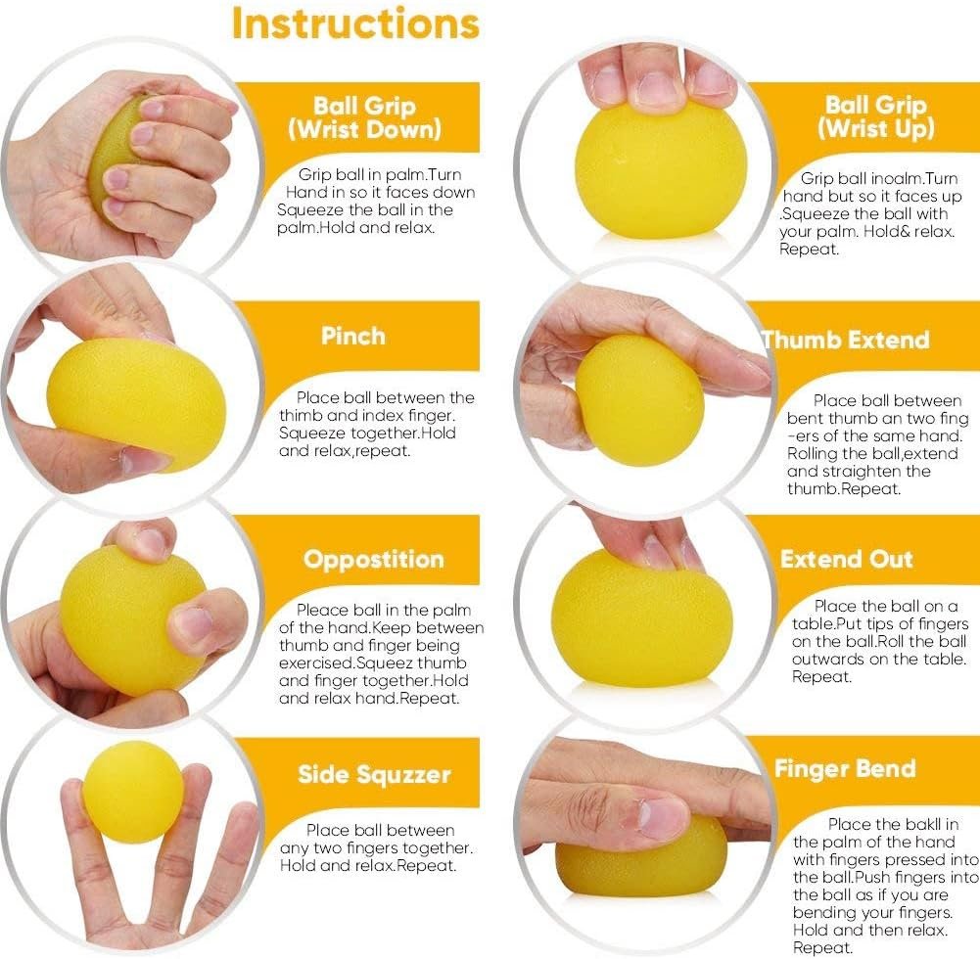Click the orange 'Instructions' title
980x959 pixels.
pos(355,23)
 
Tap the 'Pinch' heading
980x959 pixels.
pos(353,336)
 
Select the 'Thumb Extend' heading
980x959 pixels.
pos(846,340)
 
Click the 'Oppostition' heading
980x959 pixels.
pos(374,560)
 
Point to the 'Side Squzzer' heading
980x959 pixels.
pos(374,775)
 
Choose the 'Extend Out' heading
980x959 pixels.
pos(847,559)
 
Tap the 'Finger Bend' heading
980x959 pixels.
pos(845,768)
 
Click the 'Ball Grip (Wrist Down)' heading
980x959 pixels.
pos(365,117)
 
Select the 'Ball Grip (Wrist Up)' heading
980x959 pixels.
pos(876,116)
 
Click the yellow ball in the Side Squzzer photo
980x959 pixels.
pos(133,793)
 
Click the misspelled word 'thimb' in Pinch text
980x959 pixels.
pos(301,416)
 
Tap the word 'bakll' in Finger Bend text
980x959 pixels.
pos(917,824)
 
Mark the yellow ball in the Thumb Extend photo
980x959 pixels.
pos(639,400)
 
